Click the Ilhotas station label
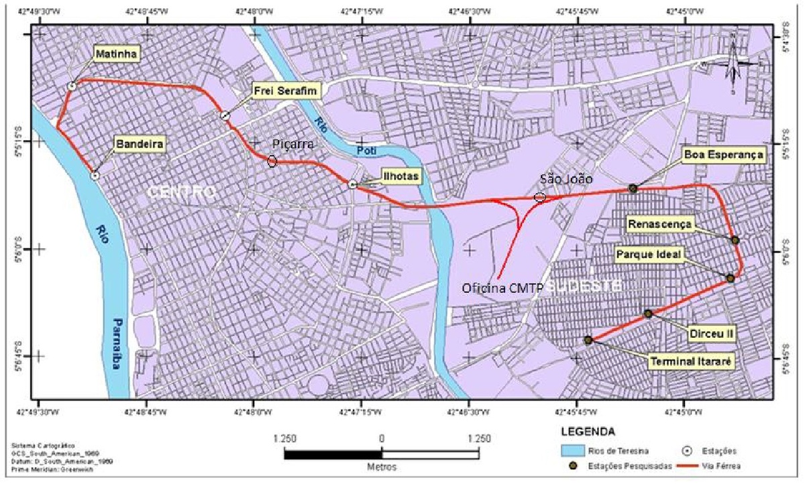click(402, 176)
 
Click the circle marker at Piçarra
click(272, 161)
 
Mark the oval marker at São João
click(540, 197)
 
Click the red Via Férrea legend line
click(692, 463)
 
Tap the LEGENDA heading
click(588, 431)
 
